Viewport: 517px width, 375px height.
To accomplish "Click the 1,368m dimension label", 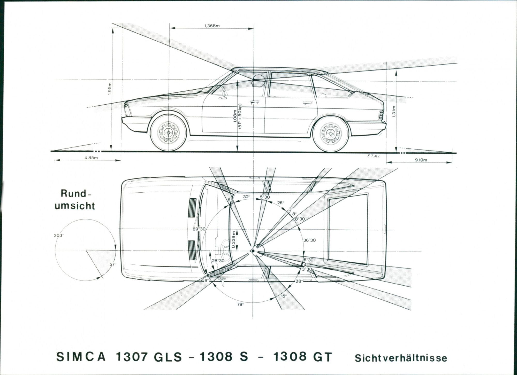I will click(x=212, y=26).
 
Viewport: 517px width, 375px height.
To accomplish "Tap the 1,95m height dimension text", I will click(x=109, y=89).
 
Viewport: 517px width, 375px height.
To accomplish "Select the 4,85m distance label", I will click(x=91, y=158).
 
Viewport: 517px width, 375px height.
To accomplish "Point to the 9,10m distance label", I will click(x=421, y=160).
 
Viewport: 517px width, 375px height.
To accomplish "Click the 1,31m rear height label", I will click(x=394, y=111).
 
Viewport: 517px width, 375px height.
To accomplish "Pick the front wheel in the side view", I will click(x=169, y=132).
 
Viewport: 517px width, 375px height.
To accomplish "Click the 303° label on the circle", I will click(x=59, y=236).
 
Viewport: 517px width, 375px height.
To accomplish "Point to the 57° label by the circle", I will click(x=113, y=264).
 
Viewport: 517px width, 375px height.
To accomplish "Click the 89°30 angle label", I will click(x=199, y=229).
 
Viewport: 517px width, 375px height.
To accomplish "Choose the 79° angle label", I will click(x=240, y=304).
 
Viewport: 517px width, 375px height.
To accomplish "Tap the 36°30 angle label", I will click(x=309, y=240).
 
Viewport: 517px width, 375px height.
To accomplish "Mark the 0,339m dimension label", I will click(x=234, y=239).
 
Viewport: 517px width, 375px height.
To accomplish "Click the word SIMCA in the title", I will click(x=81, y=357).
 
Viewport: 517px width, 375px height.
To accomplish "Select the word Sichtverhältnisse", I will click(x=401, y=358).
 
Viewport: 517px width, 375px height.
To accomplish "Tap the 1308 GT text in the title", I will click(x=302, y=357).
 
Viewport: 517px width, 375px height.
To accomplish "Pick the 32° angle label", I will click(x=246, y=197).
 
